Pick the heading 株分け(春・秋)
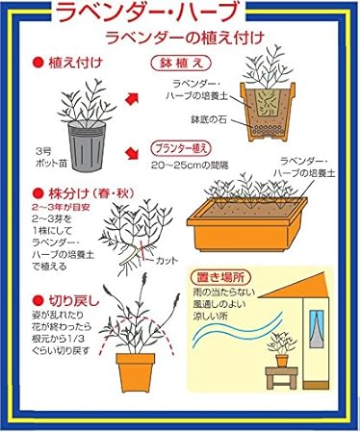point(83,192)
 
